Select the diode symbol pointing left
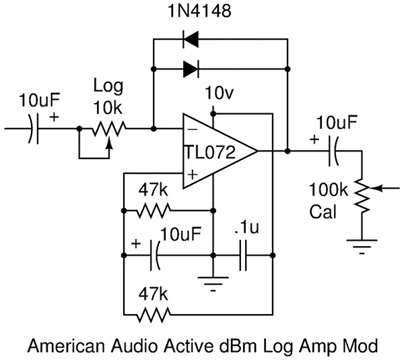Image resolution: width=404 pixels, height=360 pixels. (x=191, y=42)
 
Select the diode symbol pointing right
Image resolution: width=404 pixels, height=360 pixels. (x=191, y=67)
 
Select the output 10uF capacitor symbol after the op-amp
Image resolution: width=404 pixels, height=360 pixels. (x=332, y=152)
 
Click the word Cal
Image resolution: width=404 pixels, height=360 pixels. (x=323, y=212)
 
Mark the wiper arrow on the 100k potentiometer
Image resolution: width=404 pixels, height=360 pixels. (x=382, y=189)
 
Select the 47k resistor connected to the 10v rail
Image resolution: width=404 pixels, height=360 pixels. (x=154, y=313)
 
